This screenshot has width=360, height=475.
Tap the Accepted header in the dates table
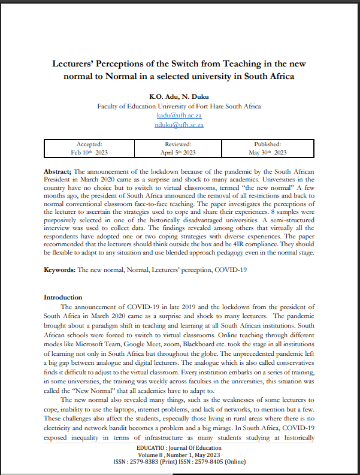(x=90, y=144)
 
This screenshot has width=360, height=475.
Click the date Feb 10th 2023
(x=90, y=153)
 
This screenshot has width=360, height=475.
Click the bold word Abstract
(x=58, y=171)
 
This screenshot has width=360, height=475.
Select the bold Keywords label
(x=59, y=270)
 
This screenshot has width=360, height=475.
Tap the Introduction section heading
(x=63, y=297)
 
